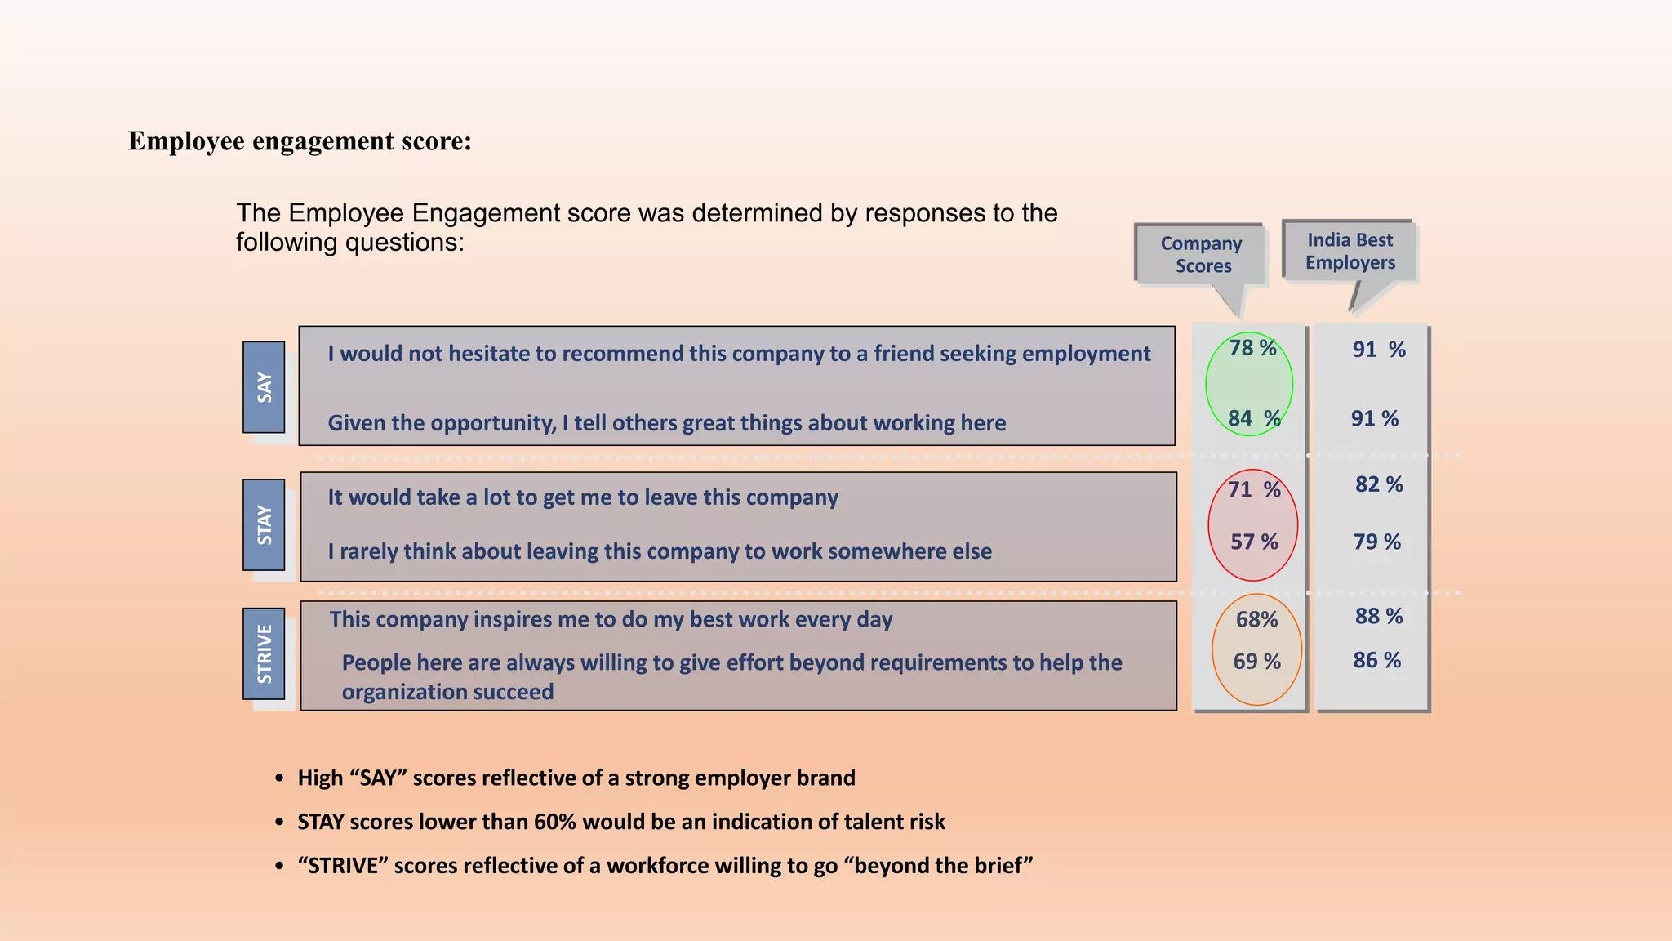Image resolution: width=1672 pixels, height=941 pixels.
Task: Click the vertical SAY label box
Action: (264, 387)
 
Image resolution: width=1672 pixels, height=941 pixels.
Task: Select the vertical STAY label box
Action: (264, 524)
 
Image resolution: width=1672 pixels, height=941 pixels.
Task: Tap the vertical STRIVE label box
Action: (264, 653)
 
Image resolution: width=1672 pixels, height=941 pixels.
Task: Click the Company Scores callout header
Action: (1201, 255)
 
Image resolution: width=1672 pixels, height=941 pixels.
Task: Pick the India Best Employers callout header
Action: (1350, 251)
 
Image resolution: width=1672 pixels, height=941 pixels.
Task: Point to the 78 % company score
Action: (1252, 348)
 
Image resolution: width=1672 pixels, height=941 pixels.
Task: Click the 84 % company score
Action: (1253, 418)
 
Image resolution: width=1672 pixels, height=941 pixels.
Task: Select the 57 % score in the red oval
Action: (1254, 542)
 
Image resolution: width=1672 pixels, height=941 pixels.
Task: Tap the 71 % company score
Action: (1254, 489)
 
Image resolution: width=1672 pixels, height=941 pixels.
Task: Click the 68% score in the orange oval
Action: (1256, 619)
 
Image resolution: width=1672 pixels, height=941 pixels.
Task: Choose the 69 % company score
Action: (1256, 661)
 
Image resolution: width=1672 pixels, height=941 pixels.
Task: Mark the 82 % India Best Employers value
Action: (1378, 484)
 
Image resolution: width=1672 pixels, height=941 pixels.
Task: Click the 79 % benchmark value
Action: (1376, 542)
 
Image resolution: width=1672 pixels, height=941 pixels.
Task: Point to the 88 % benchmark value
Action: (1378, 616)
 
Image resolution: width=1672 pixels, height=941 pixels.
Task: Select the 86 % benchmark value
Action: (1376, 660)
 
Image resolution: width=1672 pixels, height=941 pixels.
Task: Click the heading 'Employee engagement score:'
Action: (300, 140)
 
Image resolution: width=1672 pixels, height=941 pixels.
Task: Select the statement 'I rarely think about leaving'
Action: (660, 551)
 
